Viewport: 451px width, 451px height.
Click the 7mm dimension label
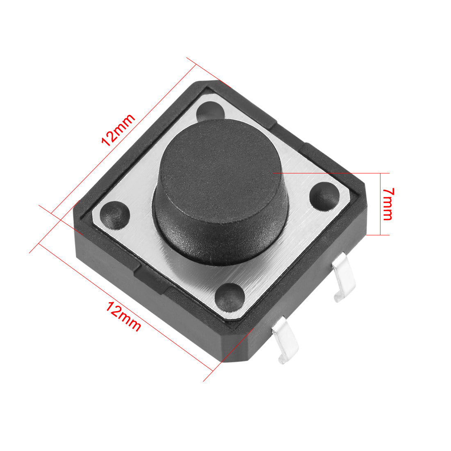(387, 204)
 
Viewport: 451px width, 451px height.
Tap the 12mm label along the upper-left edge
(118, 130)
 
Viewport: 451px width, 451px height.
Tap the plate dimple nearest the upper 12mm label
(210, 111)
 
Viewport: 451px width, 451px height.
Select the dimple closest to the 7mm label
(324, 196)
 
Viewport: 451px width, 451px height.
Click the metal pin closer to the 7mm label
(343, 277)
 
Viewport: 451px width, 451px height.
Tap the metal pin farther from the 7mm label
(285, 340)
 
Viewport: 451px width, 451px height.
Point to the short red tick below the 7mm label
(378, 235)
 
